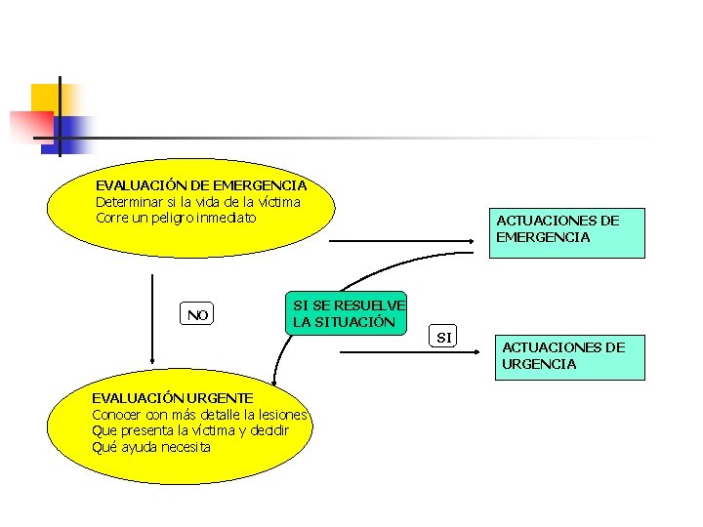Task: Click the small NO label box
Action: pos(198,314)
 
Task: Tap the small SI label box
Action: pos(444,338)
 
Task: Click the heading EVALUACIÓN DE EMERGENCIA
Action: pos(201,184)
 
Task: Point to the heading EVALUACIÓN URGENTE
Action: pos(172,397)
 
